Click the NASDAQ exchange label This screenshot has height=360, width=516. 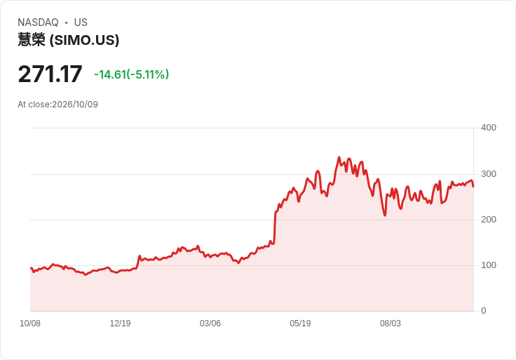tap(38, 22)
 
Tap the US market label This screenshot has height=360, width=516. tap(81, 22)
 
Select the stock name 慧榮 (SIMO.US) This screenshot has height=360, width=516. tap(69, 40)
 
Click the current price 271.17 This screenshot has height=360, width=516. tap(50, 74)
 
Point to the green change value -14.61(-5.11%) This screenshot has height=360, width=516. tap(132, 74)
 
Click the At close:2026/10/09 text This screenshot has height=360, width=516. tap(58, 105)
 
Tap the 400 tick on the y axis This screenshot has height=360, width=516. tap(489, 128)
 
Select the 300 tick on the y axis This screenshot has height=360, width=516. tap(489, 174)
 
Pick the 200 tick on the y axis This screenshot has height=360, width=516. tap(489, 220)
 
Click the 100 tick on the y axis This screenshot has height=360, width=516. tap(489, 265)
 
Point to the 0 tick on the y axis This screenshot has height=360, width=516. tap(484, 311)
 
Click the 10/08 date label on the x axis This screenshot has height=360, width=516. tap(30, 324)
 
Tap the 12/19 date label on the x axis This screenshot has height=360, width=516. tap(120, 324)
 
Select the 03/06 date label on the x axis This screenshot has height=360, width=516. tap(210, 324)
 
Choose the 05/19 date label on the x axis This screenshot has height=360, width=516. tap(300, 324)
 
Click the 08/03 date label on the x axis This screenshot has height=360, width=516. tap(391, 324)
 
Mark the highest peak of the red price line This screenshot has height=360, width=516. tap(339, 157)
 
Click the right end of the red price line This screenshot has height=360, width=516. tap(473, 187)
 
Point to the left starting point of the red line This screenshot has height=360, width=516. tap(31, 268)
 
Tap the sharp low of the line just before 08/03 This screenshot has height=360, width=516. tap(385, 215)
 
